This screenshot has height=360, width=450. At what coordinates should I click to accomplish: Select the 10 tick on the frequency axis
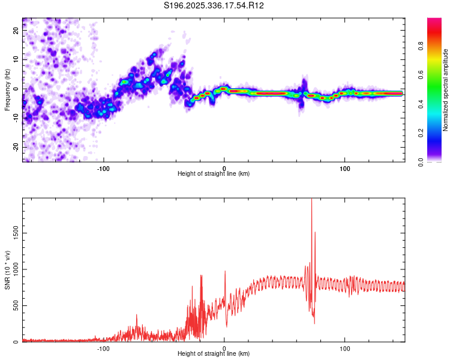(16, 59)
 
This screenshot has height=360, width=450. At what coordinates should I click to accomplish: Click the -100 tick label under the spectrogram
(103, 167)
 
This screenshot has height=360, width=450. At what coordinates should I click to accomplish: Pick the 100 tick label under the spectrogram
(345, 167)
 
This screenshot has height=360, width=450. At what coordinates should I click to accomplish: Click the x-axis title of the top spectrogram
(214, 174)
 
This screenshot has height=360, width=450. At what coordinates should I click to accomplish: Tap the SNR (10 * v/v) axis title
(7, 270)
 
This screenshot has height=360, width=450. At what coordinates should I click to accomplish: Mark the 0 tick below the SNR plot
(224, 347)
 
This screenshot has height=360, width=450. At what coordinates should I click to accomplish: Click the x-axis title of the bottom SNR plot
(214, 354)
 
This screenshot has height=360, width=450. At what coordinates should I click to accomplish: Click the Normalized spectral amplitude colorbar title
(446, 90)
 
